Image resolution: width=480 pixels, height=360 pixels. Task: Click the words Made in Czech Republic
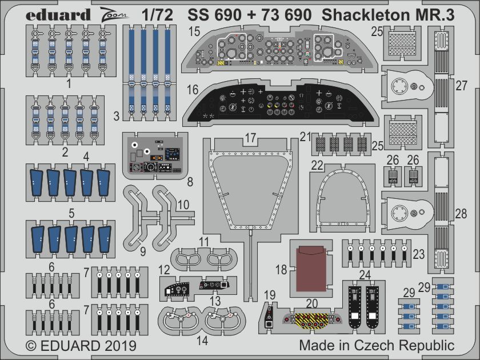pos(377,345)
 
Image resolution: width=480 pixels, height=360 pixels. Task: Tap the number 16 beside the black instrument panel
pos(193,90)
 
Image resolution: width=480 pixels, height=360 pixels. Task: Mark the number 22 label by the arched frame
pos(317,165)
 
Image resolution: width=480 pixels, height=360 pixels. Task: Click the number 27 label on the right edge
pos(461,86)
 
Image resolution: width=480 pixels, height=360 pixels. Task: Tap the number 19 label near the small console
pos(270,295)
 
